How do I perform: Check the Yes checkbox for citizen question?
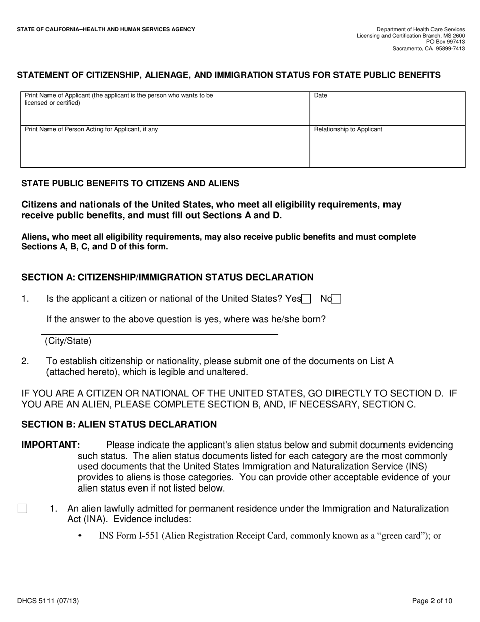click(x=306, y=299)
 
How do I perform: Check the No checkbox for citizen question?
click(x=336, y=299)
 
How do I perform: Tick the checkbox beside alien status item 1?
click(x=22, y=509)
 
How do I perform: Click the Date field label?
click(x=321, y=95)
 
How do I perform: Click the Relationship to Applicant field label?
click(x=348, y=129)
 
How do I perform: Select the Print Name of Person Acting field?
click(x=165, y=147)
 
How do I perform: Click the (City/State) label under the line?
click(x=68, y=341)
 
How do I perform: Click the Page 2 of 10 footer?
click(x=432, y=601)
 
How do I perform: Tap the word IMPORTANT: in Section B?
click(x=51, y=445)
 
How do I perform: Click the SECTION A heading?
click(x=167, y=277)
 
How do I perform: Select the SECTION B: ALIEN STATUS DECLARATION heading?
click(x=119, y=425)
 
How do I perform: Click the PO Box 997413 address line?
click(x=446, y=42)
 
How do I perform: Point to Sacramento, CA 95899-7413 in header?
click(x=428, y=49)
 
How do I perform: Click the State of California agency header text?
click(x=106, y=30)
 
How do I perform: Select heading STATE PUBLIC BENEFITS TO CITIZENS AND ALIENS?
click(x=130, y=184)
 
